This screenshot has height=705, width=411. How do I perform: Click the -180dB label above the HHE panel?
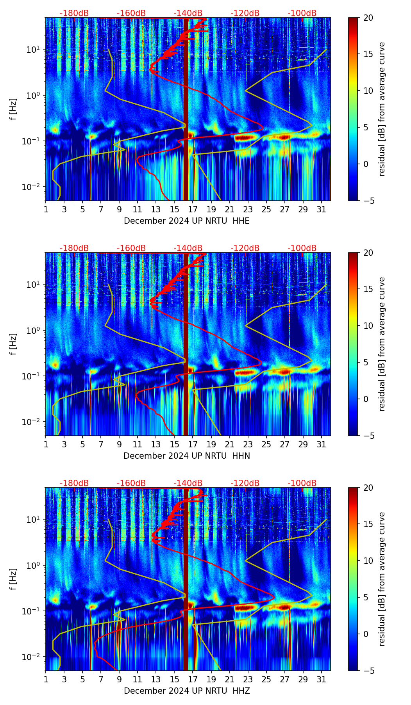tap(74, 13)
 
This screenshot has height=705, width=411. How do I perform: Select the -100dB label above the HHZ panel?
tap(302, 483)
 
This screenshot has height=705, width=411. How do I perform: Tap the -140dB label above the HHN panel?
tap(188, 248)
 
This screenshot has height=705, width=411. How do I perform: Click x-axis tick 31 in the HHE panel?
tap(322, 209)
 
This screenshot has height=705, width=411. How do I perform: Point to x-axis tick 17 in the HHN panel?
tap(193, 444)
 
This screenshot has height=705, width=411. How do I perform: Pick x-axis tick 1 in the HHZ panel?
tap(46, 679)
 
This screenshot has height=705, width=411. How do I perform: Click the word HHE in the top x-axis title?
tap(241, 221)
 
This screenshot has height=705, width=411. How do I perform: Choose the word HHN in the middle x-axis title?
tap(241, 456)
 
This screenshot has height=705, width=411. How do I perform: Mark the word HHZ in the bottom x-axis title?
tap(241, 691)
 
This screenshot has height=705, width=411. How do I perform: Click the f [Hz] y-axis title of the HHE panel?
tap(13, 109)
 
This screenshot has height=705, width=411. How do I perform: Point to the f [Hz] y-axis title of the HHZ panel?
tap(13, 579)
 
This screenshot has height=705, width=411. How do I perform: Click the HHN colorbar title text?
tap(382, 344)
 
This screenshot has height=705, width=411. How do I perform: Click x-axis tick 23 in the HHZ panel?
tap(248, 679)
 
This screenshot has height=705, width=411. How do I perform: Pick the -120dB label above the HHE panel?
tap(245, 13)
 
